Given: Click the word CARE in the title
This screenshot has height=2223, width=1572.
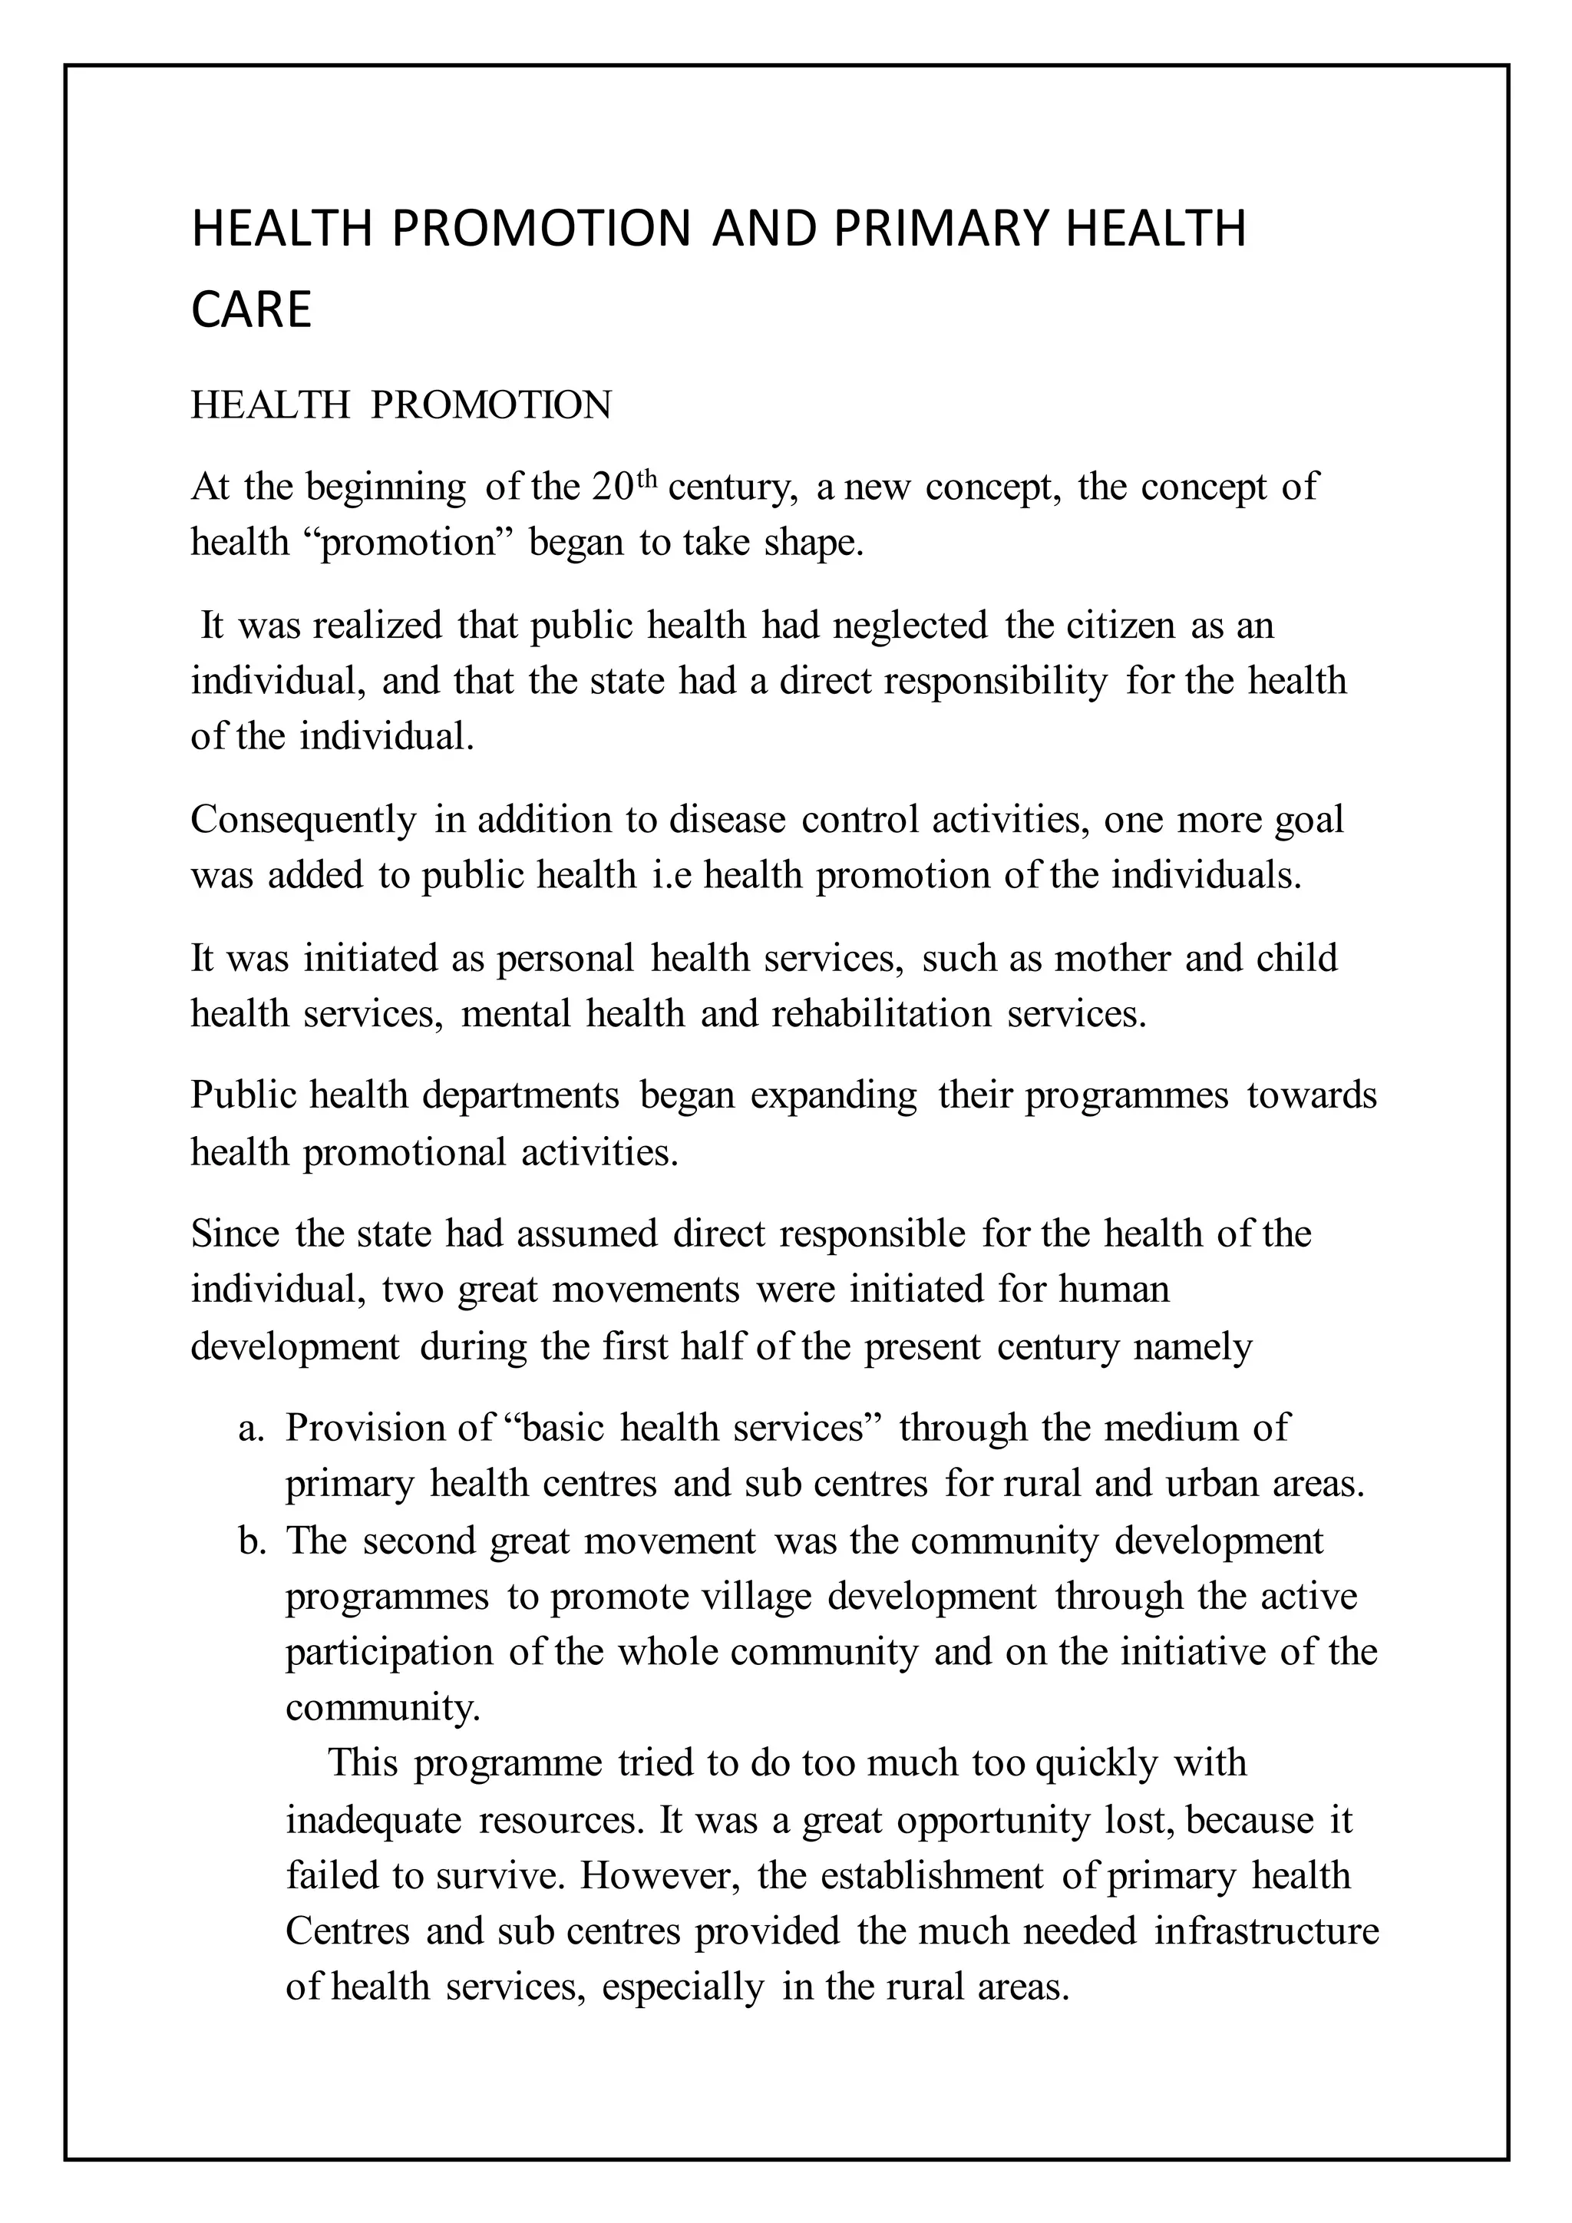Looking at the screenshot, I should click(251, 311).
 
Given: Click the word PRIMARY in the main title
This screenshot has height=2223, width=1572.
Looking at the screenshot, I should click(937, 230).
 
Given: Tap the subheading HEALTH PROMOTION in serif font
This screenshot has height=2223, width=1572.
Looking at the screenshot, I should click(401, 405).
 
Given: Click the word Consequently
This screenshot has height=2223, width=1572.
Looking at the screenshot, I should click(303, 820).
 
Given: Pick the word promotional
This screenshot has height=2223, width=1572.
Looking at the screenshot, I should click(404, 1152).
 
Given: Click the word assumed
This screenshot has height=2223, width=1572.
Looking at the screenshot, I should click(586, 1234).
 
